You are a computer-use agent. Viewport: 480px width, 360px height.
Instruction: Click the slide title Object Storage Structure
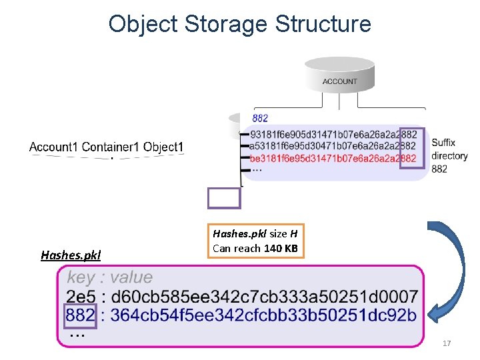pyautogui.click(x=239, y=24)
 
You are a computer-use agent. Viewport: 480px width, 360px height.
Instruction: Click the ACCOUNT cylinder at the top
pyautogui.click(x=339, y=77)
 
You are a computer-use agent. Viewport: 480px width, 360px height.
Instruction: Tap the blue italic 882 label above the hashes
pyautogui.click(x=260, y=119)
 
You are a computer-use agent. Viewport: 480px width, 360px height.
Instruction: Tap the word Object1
pyautogui.click(x=163, y=147)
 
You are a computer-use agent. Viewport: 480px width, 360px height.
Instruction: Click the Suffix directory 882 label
pyautogui.click(x=449, y=155)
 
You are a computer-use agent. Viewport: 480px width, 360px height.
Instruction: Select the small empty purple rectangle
pyautogui.click(x=224, y=198)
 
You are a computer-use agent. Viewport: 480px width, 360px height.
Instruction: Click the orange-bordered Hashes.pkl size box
pyautogui.click(x=256, y=241)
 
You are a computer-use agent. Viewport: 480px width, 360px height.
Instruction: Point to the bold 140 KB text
pyautogui.click(x=281, y=248)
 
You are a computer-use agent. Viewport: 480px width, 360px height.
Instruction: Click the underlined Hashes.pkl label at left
pyautogui.click(x=71, y=255)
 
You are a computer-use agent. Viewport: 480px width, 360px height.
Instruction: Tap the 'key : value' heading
pyautogui.click(x=109, y=277)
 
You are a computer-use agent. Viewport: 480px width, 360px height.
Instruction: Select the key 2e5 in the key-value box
pyautogui.click(x=81, y=296)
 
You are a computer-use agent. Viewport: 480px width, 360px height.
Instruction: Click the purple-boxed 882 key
pyautogui.click(x=81, y=315)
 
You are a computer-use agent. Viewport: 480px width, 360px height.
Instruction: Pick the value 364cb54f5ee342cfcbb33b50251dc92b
pyautogui.click(x=263, y=315)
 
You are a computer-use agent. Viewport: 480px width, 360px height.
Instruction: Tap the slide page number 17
pyautogui.click(x=447, y=343)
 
